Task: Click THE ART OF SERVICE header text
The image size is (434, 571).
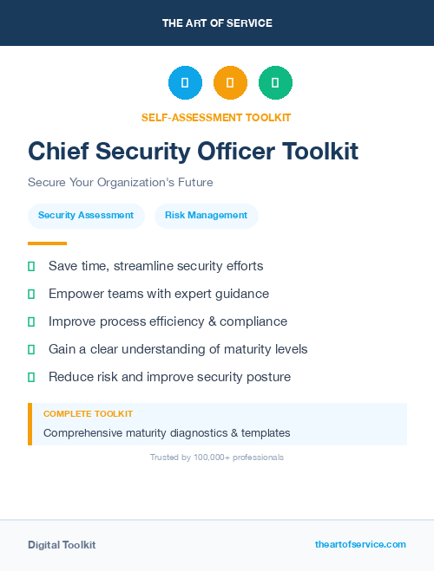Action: click(217, 23)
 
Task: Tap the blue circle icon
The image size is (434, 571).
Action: click(185, 83)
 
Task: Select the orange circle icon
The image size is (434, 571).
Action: click(230, 83)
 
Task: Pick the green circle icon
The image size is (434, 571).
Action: click(275, 83)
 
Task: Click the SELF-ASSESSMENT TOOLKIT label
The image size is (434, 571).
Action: click(216, 117)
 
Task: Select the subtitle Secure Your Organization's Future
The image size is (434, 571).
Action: click(120, 183)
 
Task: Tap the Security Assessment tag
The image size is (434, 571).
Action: click(86, 215)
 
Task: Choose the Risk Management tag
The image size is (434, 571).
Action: click(206, 215)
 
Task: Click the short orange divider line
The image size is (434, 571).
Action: click(47, 243)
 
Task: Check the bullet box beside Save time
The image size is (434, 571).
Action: click(31, 266)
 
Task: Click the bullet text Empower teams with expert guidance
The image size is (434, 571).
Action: click(159, 294)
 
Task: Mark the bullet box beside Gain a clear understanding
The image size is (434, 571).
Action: click(31, 349)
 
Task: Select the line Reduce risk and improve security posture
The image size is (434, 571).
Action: click(169, 377)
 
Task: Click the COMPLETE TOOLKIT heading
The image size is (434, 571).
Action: click(88, 414)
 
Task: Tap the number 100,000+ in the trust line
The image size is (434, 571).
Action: click(213, 457)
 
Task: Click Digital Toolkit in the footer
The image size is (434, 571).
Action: click(62, 545)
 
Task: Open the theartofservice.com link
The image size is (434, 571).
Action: click(360, 544)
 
